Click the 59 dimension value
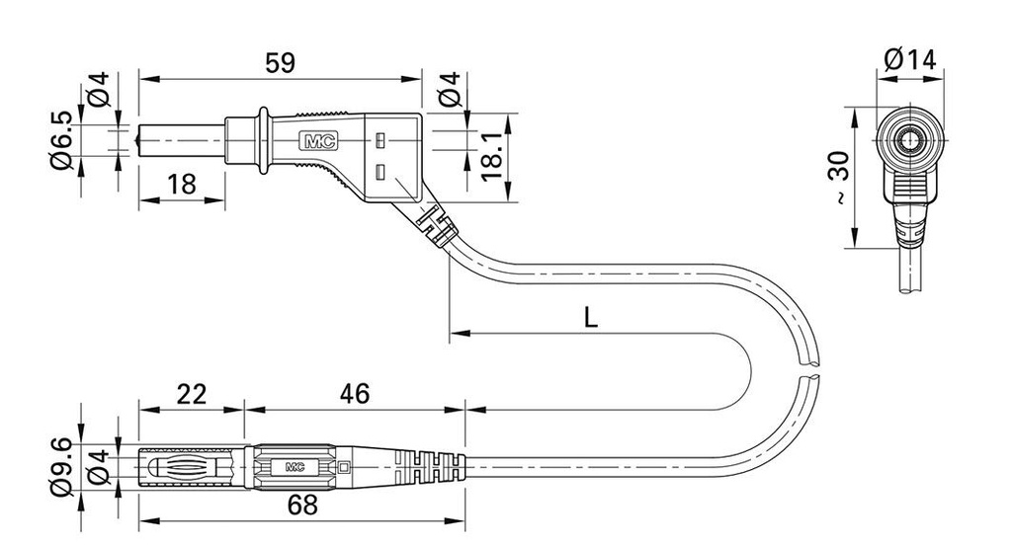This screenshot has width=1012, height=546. coord(280,63)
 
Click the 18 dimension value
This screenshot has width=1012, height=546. coord(182,185)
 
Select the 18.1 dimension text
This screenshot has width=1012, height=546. coord(492,157)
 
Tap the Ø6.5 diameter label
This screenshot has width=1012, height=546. coord(61,140)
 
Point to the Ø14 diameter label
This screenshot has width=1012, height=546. coord(910,60)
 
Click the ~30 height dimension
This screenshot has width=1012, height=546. coord(839,178)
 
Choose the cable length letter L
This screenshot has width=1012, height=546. coord(591,317)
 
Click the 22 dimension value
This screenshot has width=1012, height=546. coord(191,394)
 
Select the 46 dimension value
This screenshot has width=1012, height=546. coord(355,394)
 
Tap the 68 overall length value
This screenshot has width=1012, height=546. coord(302,506)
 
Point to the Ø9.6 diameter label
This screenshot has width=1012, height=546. coord(61,466)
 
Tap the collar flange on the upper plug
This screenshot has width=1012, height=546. coord(263,140)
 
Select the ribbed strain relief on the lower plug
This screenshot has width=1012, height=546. coord(429,467)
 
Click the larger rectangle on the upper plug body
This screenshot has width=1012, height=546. coord(380,172)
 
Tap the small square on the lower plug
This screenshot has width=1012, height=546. coord(344,467)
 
